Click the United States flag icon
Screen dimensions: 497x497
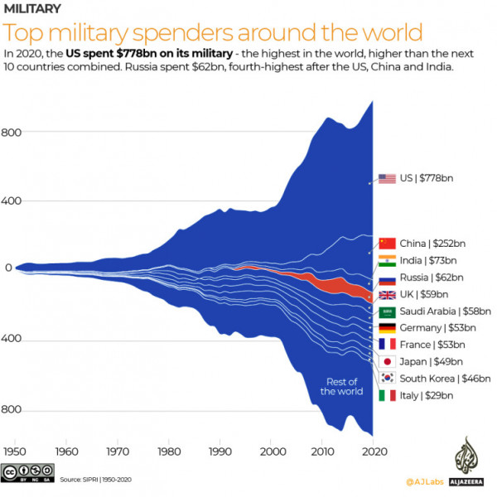point(387,178)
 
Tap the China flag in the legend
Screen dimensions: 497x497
point(387,243)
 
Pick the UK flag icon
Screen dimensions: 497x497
point(387,294)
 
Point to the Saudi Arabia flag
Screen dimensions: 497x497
point(387,311)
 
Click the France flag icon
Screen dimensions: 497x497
point(387,345)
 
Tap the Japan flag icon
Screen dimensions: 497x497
point(387,361)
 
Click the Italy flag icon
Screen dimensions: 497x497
point(387,395)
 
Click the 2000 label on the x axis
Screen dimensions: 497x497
point(272,452)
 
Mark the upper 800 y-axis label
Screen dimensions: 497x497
point(12,133)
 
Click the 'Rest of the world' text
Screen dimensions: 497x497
point(341,386)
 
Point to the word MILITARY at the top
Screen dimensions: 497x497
point(32,9)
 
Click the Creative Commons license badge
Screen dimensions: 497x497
point(25,474)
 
